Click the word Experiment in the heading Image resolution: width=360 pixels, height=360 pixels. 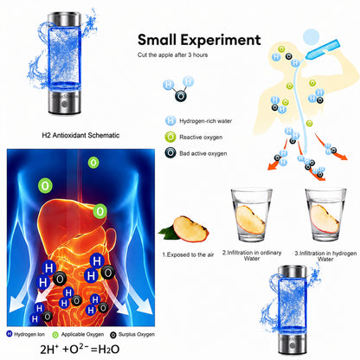tap(221, 41)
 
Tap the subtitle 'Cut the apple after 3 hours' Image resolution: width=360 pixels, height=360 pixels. tap(172, 55)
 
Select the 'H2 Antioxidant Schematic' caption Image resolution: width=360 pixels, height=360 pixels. tap(80, 135)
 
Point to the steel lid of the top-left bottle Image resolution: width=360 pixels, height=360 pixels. tap(64, 20)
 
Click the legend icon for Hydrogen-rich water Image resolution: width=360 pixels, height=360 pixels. tap(170, 120)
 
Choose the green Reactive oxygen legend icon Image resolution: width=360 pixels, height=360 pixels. tap(170, 137)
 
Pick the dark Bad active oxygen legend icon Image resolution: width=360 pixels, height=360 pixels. tap(170, 153)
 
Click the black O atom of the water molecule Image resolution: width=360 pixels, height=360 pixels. tap(181, 96)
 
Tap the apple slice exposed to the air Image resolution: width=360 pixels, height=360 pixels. tap(190, 228)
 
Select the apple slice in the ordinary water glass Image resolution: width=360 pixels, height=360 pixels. tap(250, 220)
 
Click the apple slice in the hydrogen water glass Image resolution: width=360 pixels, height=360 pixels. tap(325, 219)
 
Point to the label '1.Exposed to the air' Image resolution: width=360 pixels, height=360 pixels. tap(188, 254)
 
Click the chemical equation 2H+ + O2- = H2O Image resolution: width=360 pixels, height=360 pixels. tap(80, 349)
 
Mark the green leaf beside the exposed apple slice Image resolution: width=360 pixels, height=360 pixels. tap(167, 233)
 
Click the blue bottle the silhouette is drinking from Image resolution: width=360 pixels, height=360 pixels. tap(323, 49)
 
